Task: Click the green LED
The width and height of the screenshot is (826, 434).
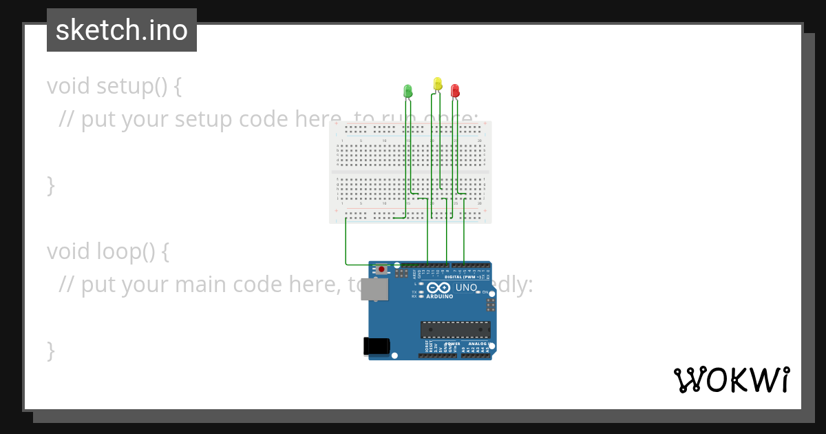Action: [407, 90]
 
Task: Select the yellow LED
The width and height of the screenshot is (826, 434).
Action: [438, 83]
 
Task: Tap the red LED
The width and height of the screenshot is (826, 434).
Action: [455, 90]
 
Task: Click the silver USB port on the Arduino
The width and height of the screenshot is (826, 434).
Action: [374, 289]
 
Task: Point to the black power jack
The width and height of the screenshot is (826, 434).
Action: [374, 345]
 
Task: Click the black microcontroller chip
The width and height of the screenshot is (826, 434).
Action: [456, 330]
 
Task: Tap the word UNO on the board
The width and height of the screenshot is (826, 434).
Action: [466, 287]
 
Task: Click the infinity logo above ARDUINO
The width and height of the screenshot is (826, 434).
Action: [438, 288]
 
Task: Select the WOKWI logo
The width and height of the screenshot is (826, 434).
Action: [731, 380]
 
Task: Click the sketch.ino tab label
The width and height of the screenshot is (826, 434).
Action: [122, 30]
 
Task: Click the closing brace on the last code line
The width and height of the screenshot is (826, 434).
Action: [50, 351]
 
